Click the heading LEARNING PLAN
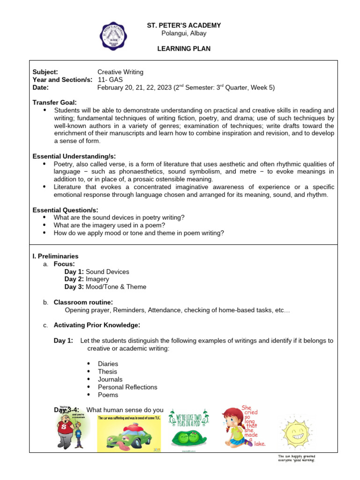[184, 49]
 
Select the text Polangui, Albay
[184, 33]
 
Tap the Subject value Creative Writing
[120, 72]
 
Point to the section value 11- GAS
[110, 80]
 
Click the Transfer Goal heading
[54, 102]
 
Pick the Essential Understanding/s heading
[74, 156]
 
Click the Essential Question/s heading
[65, 210]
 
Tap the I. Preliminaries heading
[55, 256]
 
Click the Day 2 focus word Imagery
[97, 279]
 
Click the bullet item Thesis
[107, 371]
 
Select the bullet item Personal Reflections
[127, 387]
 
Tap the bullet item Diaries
[108, 364]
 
